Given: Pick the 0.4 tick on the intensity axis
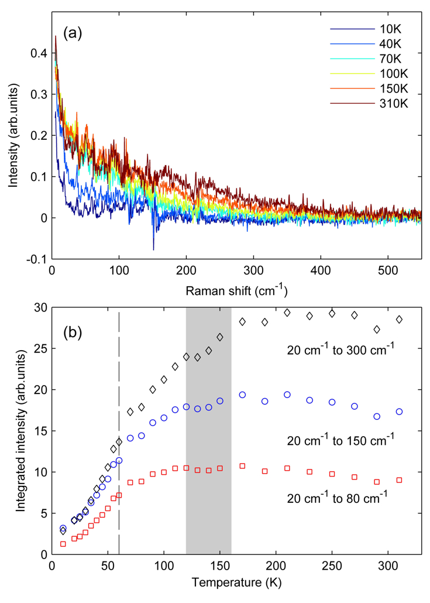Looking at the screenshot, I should click(x=40, y=53).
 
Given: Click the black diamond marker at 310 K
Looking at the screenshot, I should click(x=399, y=320).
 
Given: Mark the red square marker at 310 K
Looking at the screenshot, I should click(x=399, y=480).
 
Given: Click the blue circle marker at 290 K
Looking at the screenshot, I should click(x=377, y=417).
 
